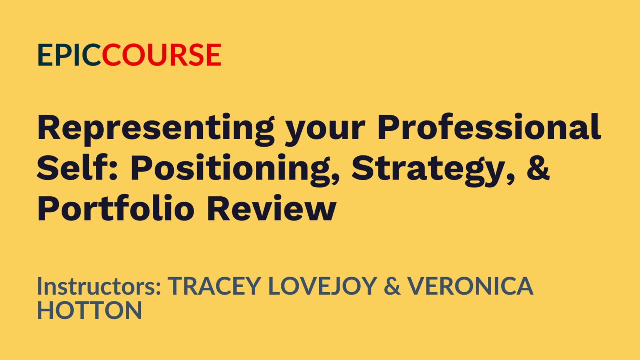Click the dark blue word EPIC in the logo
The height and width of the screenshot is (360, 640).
point(70,55)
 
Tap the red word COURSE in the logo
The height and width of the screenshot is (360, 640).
point(162,55)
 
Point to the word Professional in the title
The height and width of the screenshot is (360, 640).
point(489,127)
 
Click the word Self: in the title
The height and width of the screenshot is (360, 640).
point(77,167)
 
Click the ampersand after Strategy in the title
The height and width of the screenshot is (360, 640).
point(538,168)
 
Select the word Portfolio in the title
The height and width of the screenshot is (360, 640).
point(116,208)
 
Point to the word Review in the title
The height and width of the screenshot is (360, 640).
point(272,208)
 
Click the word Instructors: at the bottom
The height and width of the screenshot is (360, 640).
point(99,286)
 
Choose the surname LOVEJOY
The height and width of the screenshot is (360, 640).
point(323,286)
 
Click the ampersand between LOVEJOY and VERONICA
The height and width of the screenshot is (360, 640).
point(392,286)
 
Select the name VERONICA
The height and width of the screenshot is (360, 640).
point(470,286)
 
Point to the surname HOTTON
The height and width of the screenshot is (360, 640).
point(90,310)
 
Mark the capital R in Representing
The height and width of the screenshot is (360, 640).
point(49,127)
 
